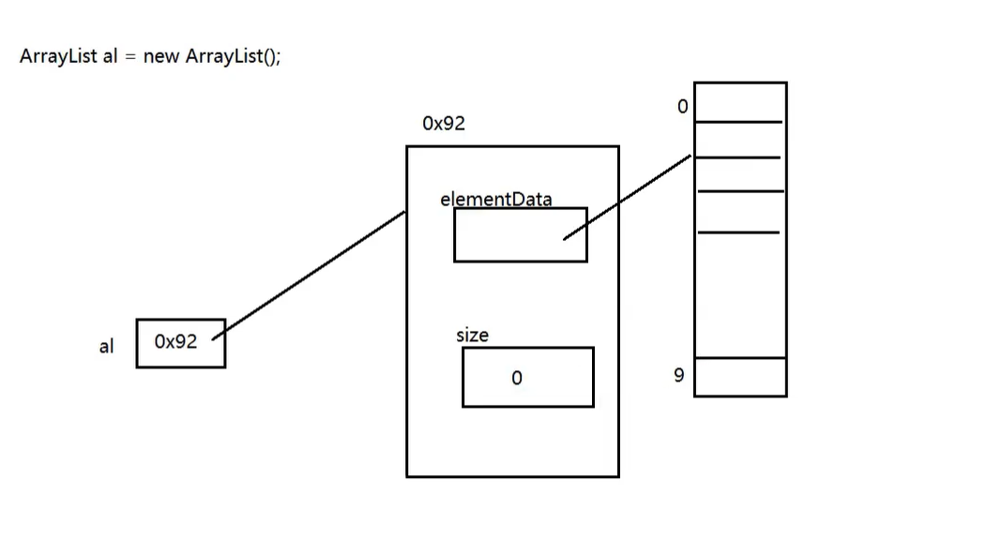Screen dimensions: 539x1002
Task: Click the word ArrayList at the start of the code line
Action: [x=59, y=56]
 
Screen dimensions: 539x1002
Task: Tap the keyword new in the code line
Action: [x=161, y=56]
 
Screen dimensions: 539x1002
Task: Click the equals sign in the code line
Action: [x=130, y=56]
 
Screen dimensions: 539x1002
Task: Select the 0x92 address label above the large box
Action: [x=444, y=124]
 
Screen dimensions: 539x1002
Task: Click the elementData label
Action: [x=495, y=199]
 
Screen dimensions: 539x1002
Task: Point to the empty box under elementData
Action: [x=520, y=234]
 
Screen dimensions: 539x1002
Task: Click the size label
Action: [x=472, y=335]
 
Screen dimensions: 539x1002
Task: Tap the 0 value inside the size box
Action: [x=516, y=378]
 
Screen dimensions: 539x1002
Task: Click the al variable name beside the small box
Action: [x=106, y=346]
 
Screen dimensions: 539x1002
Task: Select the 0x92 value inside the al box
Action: [x=176, y=342]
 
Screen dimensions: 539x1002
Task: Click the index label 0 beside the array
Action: [x=682, y=107]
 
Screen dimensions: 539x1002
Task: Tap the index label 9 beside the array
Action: [x=679, y=376]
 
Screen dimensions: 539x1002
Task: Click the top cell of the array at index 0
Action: [x=739, y=102]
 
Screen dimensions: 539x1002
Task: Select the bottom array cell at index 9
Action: [x=739, y=377]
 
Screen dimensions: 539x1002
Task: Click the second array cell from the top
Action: [x=739, y=140]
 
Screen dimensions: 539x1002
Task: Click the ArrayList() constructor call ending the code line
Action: [x=233, y=56]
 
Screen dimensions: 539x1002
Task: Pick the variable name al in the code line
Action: [x=110, y=56]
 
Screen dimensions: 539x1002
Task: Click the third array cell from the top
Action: [x=739, y=174]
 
